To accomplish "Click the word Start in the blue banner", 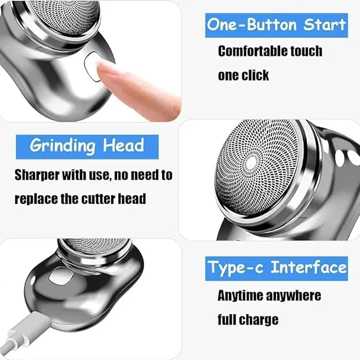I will click(x=324, y=24).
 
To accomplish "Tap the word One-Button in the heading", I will click(x=251, y=24).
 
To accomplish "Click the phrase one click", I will click(x=243, y=75).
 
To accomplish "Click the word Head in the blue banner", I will click(x=127, y=146).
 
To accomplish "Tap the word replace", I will click(x=34, y=199).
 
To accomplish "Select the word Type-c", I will click(x=236, y=268).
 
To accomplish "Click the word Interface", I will click(x=308, y=268).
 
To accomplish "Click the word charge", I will click(x=260, y=320).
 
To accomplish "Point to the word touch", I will click(x=305, y=51).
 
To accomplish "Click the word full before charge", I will click(x=227, y=320).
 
